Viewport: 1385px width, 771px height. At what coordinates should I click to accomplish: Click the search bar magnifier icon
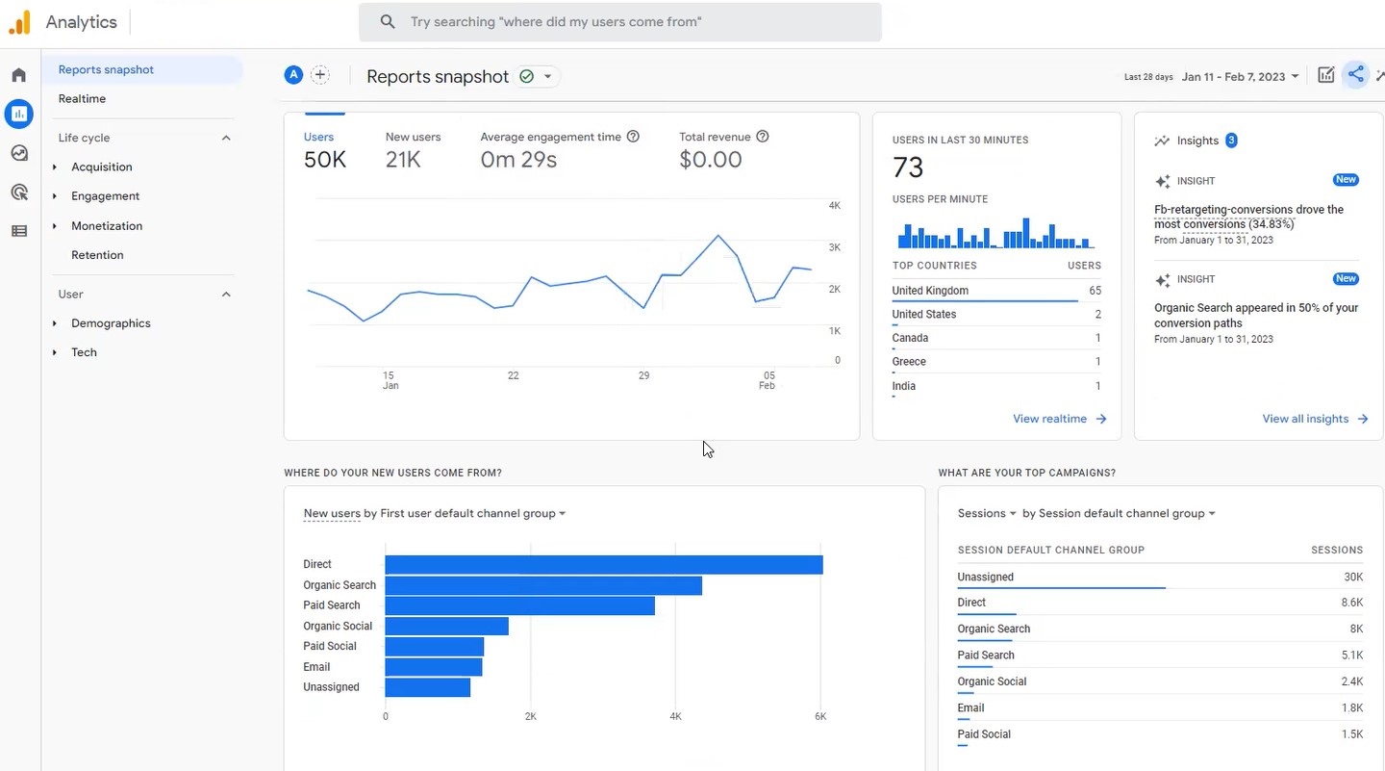click(x=388, y=21)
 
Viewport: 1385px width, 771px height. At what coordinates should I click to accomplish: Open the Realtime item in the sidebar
click(x=82, y=98)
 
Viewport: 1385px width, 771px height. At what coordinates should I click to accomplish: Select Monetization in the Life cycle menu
click(x=107, y=225)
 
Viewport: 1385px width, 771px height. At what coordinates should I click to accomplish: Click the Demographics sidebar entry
click(x=111, y=323)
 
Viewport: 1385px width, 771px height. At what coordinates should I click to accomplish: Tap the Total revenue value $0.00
click(x=710, y=160)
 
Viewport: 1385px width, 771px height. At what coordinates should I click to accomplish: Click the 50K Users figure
click(x=325, y=160)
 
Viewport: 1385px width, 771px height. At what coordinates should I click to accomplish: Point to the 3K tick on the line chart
click(x=834, y=247)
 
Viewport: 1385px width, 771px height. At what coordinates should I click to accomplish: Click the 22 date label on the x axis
click(x=514, y=375)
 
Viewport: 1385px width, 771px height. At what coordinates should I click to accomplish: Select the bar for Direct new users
click(x=603, y=565)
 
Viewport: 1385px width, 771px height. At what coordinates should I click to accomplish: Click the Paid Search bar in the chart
click(x=519, y=605)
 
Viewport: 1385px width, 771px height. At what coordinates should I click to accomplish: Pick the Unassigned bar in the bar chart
click(x=427, y=687)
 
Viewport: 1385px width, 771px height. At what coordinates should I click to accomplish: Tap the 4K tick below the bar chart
click(x=675, y=716)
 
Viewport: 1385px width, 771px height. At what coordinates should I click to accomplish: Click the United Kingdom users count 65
click(x=1095, y=291)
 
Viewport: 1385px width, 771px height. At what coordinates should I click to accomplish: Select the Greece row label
click(x=909, y=362)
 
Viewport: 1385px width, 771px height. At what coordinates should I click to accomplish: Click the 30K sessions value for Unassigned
click(x=1352, y=578)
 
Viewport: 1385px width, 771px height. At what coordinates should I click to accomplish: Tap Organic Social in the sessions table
click(x=992, y=681)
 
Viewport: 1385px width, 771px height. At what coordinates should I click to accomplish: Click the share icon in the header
click(x=1355, y=75)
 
